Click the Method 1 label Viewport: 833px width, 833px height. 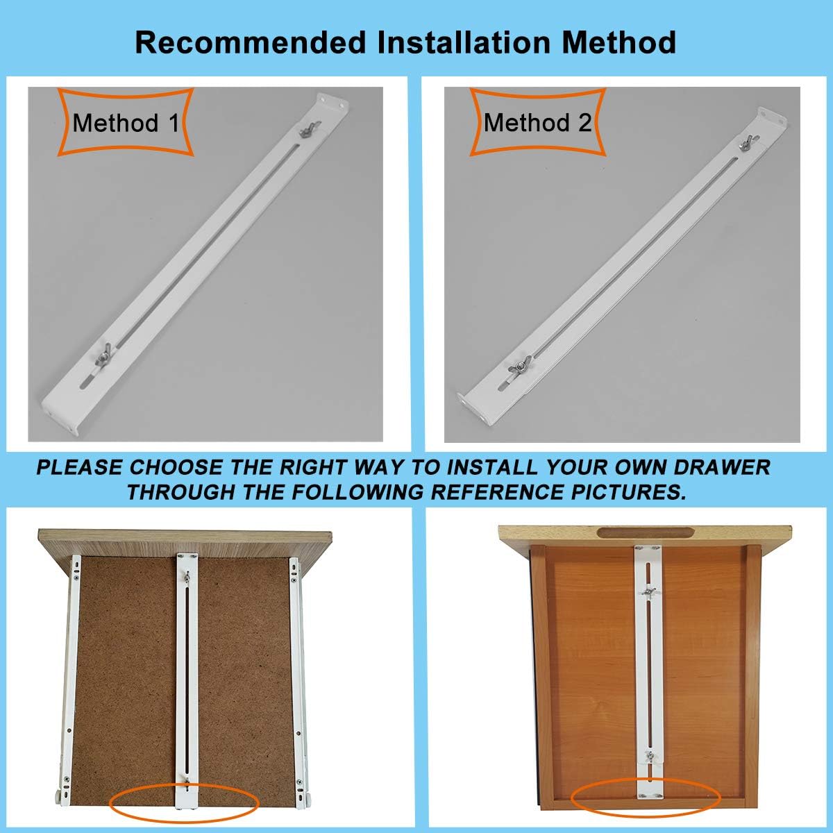(126, 123)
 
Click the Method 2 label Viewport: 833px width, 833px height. (537, 123)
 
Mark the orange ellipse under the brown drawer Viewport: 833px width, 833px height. (184, 804)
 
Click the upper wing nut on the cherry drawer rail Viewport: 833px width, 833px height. (650, 592)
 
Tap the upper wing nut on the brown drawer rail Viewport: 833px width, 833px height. (186, 576)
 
